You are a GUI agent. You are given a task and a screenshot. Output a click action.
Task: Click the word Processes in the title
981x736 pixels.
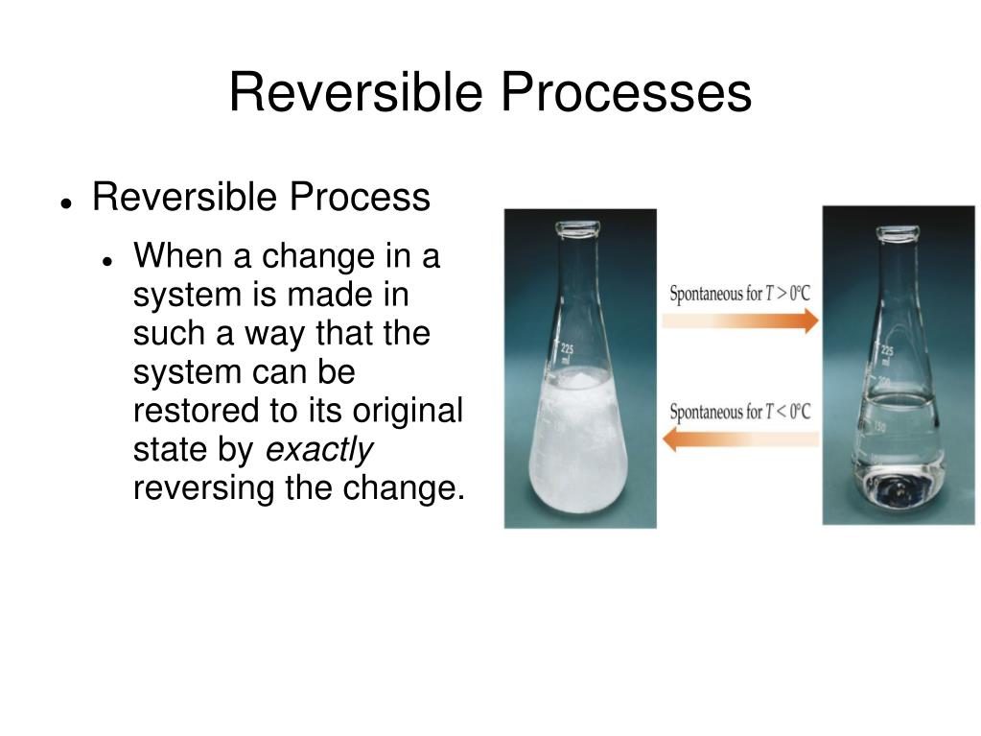[x=624, y=93]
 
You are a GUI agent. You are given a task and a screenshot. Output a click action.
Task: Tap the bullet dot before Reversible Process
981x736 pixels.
[x=67, y=203]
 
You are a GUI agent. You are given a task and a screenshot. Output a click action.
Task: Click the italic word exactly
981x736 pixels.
[x=318, y=449]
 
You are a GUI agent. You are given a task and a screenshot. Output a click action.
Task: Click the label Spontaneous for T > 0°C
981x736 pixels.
[x=739, y=293]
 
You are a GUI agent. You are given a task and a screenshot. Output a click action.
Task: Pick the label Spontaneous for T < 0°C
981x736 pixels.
[x=739, y=412]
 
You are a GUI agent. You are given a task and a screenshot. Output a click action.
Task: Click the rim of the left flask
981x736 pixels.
[x=577, y=228]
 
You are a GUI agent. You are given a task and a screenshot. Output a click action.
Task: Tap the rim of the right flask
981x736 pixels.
[x=898, y=231]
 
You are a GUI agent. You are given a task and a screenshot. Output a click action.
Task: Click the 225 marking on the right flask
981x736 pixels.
[x=887, y=351]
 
